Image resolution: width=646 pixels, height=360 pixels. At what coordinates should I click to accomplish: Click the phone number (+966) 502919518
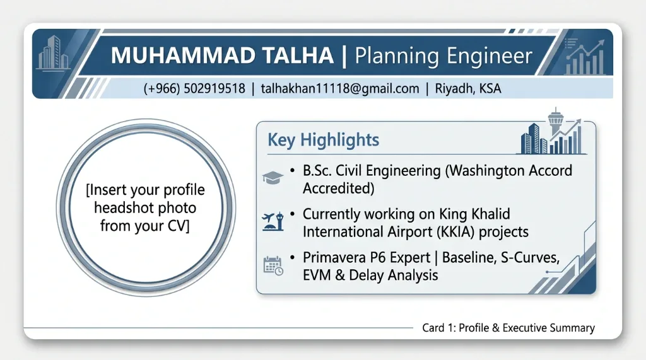pos(194,88)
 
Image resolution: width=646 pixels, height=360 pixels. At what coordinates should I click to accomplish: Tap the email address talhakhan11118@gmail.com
pos(340,88)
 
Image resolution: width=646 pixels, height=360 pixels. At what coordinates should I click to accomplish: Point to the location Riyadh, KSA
pos(468,88)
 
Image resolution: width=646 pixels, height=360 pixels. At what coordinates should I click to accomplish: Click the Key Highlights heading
pos(324,140)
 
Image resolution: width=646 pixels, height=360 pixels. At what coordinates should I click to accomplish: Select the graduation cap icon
pos(273,178)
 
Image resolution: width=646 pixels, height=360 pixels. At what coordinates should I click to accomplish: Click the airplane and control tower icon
pos(273,221)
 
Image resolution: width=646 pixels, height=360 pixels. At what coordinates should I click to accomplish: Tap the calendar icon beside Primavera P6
pos(273,265)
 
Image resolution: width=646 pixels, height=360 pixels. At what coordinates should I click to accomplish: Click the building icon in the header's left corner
pos(53,52)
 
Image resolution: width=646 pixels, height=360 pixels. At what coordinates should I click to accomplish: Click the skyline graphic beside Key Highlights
pos(551,131)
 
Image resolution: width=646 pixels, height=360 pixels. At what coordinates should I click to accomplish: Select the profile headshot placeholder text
pos(146,207)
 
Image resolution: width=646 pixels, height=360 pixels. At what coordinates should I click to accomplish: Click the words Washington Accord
pos(509,170)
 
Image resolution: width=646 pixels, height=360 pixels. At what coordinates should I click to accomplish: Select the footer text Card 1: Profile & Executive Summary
pos(508,328)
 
